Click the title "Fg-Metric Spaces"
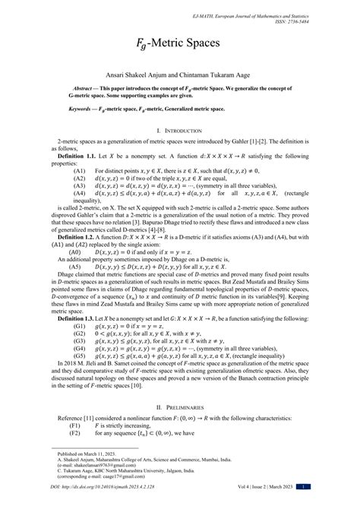click(180, 46)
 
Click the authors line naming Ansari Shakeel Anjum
click(180, 77)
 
